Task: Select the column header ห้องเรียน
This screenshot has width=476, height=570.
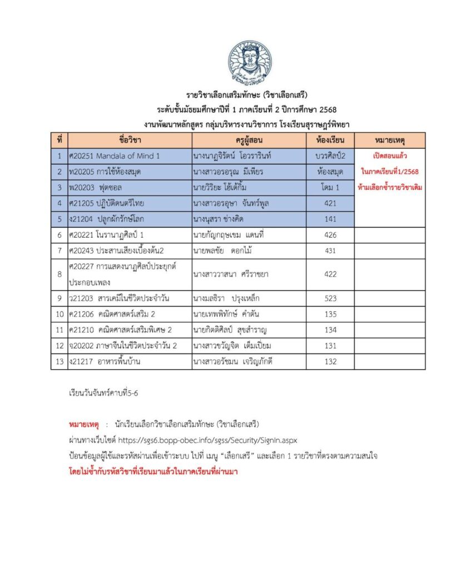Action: (x=330, y=140)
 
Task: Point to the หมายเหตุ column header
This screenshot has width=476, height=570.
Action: (x=390, y=140)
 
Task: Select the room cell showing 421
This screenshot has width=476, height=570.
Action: (x=330, y=204)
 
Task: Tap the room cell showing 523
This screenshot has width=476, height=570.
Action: (x=330, y=298)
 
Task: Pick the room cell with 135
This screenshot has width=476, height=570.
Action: (x=330, y=315)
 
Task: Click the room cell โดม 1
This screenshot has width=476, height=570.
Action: (x=330, y=188)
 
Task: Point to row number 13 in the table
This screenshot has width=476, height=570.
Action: (x=59, y=362)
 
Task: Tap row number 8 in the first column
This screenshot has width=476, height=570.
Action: (x=59, y=275)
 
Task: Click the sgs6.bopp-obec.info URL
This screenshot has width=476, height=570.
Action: (x=209, y=440)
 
